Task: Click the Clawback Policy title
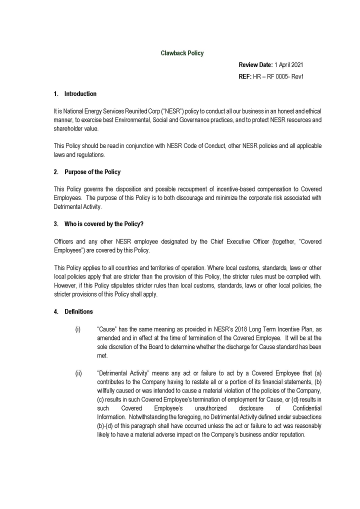182,53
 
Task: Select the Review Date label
255,65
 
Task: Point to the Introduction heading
80,94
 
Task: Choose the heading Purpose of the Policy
92,172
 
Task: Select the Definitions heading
78,312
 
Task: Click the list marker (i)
77,329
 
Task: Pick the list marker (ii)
78,373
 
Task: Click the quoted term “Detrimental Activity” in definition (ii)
122,373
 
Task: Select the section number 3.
55,224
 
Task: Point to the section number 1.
55,94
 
